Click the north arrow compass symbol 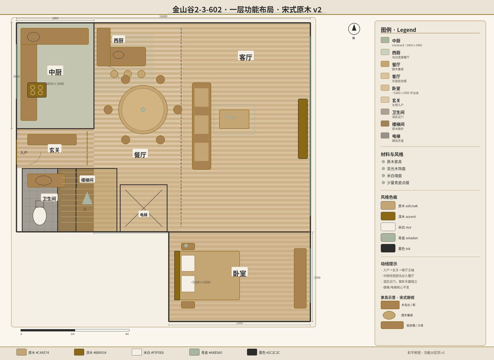354,29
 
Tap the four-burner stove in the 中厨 37,90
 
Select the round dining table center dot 143,109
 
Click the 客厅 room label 246,57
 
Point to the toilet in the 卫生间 40,215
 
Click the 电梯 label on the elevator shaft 144,215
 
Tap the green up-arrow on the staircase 87,198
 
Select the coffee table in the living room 234,119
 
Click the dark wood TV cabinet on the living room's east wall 303,128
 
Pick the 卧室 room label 240,273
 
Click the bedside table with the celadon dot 188,246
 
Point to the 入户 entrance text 24,152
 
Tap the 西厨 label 119,40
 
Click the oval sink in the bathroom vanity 44,180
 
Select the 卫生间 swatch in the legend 385,112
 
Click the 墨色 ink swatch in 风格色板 388,248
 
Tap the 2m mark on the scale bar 73,334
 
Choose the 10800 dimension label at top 163,16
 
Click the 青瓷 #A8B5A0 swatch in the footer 194,352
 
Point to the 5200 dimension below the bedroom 240,323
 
